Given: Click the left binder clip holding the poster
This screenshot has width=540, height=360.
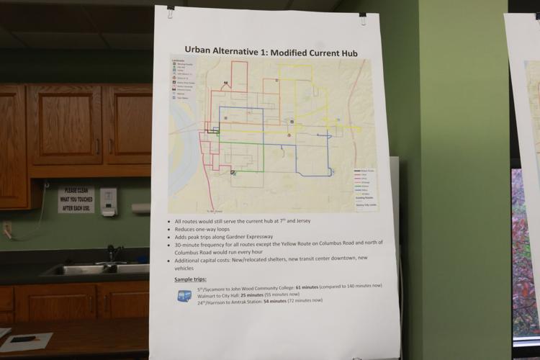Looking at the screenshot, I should (171, 12).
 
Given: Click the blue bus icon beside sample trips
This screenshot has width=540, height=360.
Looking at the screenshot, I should (184, 295).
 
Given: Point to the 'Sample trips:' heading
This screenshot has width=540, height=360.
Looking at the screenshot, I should (194, 279).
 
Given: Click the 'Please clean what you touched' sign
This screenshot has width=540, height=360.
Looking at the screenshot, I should (76, 199).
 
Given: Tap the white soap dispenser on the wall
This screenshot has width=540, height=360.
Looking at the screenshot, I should (109, 202).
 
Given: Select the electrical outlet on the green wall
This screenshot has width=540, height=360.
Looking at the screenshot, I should (6, 230).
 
